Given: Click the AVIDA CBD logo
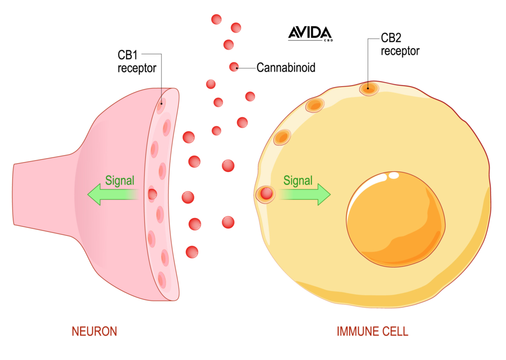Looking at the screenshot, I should (x=310, y=34).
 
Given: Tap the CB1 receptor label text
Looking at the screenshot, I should (x=136, y=61).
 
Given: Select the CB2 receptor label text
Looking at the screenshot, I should (x=400, y=44).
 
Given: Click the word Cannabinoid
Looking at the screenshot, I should (x=286, y=67).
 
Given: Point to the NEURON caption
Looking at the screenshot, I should (x=94, y=331).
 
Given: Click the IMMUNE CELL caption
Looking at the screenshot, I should (x=372, y=331).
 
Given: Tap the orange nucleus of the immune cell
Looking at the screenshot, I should (x=395, y=216).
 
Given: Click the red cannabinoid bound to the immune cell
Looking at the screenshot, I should (x=266, y=194).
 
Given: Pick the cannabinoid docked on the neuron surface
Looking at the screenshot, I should (x=152, y=194).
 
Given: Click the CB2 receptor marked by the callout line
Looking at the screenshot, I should (x=368, y=89).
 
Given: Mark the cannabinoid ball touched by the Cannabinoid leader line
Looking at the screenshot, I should (x=234, y=67).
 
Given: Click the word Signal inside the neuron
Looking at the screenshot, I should (x=120, y=180).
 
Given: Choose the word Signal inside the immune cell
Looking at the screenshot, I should (x=297, y=180).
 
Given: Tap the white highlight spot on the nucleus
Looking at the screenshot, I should (x=394, y=176).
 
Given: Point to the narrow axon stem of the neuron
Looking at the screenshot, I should (x=40, y=194).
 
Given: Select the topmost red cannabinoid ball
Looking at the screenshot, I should (x=216, y=19).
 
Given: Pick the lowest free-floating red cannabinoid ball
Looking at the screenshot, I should (x=192, y=252).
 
